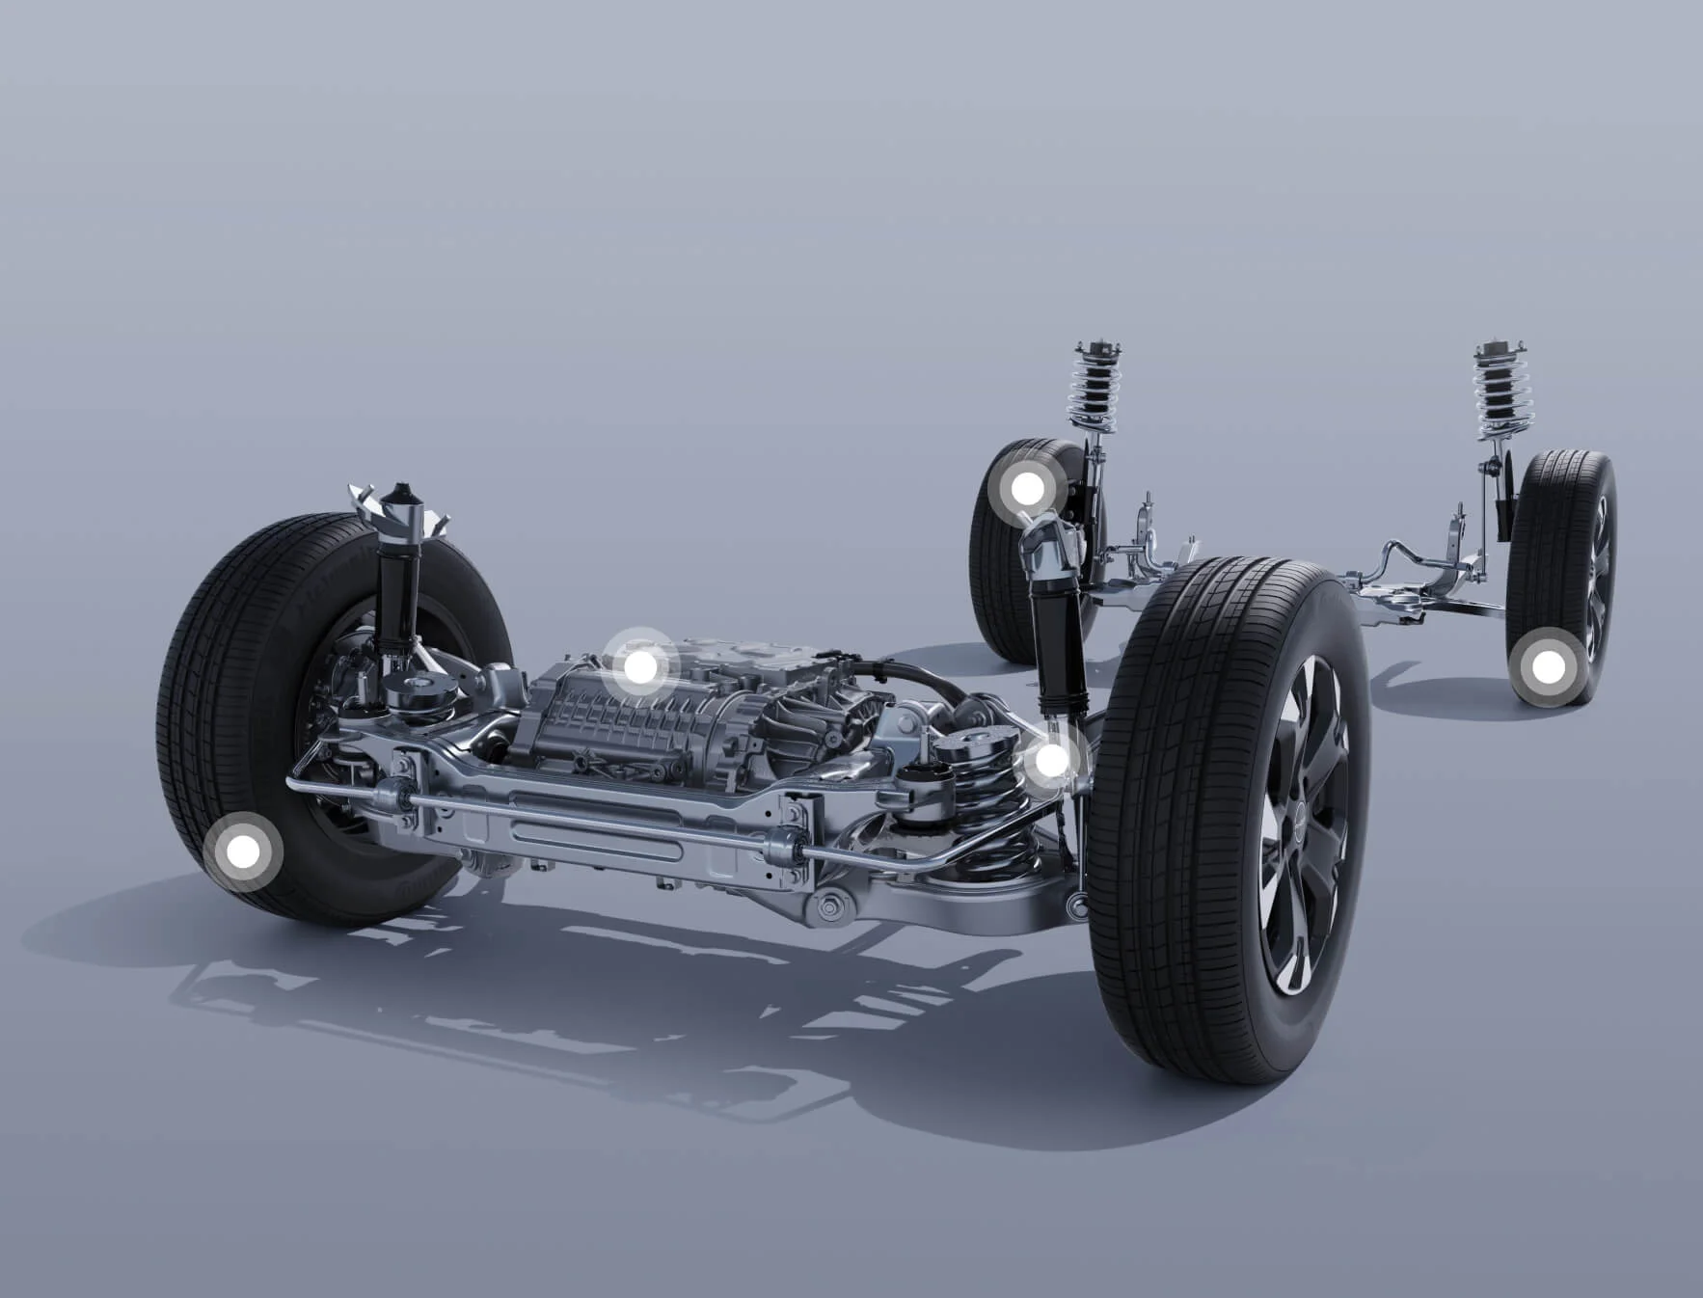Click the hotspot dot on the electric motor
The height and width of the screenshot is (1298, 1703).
(x=637, y=666)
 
